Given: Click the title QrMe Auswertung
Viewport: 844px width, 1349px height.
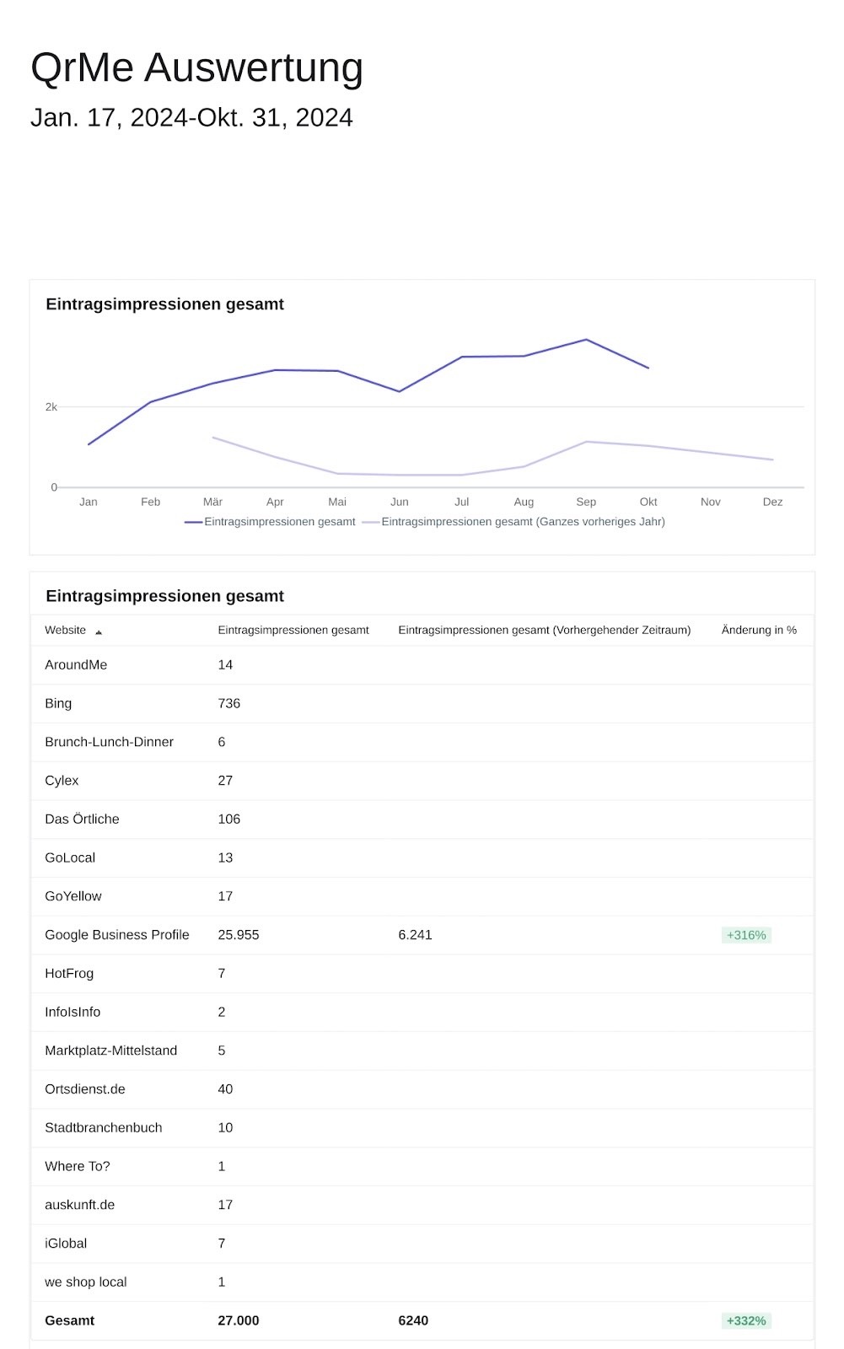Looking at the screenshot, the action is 196,68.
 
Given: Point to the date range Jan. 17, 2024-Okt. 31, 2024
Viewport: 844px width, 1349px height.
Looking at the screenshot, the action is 191,117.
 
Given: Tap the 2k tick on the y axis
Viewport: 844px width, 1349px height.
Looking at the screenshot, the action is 51,407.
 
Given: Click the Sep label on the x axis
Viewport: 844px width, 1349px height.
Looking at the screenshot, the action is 585,502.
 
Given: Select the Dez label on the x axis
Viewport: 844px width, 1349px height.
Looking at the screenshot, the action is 772,502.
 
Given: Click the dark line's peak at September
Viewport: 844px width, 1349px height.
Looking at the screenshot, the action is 586,340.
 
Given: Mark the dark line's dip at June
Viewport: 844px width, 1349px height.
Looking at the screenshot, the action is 399,391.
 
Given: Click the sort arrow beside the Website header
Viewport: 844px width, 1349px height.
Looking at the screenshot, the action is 99,632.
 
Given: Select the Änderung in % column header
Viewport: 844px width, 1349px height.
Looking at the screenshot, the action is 759,630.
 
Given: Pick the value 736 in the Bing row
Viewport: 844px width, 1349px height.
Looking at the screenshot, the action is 229,703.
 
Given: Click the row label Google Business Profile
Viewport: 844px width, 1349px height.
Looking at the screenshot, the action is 117,935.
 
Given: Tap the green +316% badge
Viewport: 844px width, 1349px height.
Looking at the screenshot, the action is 746,935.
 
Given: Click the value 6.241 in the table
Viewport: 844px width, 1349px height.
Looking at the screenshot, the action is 415,935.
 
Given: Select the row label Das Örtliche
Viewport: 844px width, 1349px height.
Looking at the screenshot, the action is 82,819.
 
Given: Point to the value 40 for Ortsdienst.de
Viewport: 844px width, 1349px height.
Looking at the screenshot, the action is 225,1088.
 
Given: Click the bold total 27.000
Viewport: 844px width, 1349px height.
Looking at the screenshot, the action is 239,1320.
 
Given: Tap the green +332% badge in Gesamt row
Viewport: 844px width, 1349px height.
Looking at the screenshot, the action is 746,1320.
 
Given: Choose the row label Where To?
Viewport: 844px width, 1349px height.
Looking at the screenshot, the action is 78,1166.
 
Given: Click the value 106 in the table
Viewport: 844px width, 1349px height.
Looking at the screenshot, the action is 229,819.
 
